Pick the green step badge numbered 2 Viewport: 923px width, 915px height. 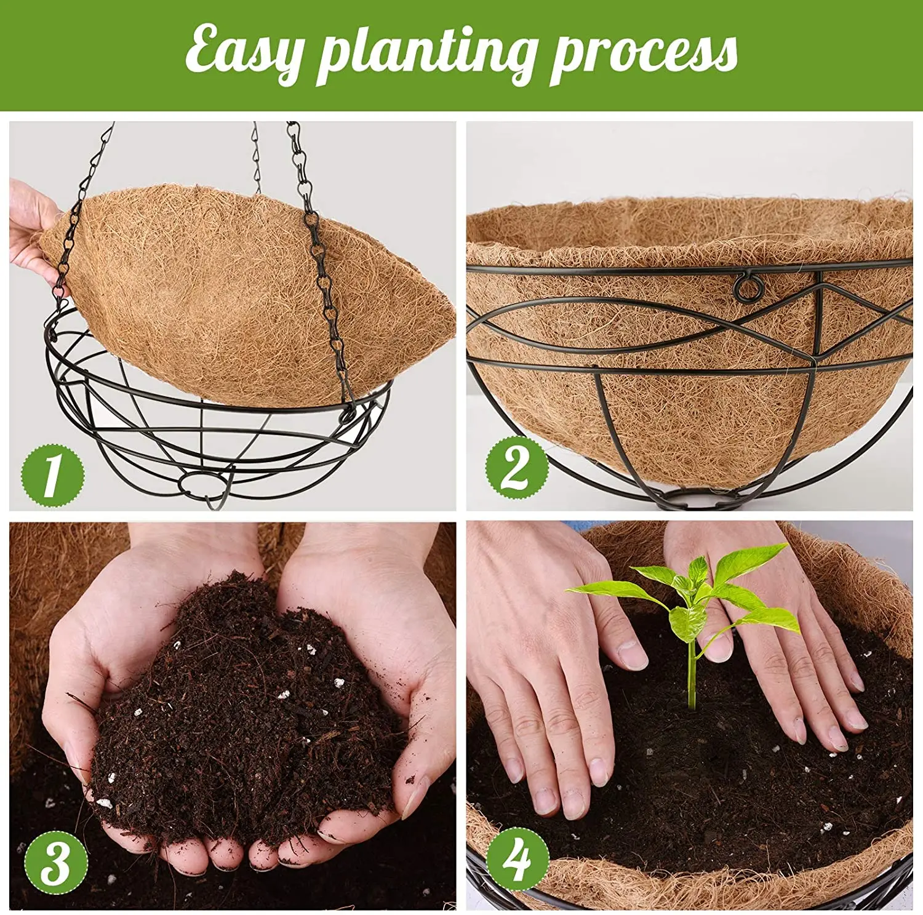tap(516, 468)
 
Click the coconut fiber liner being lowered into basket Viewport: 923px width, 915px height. tap(246, 289)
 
